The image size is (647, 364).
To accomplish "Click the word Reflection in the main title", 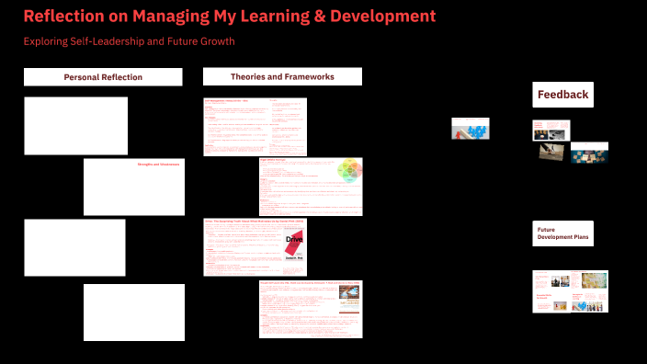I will [x=65, y=17].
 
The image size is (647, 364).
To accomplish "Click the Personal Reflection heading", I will [x=103, y=77].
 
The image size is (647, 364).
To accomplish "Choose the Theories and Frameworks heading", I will [x=282, y=76].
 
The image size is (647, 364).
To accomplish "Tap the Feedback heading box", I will [x=562, y=94].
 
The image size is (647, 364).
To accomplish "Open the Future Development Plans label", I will [x=562, y=233].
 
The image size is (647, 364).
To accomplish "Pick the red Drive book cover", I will [x=294, y=245].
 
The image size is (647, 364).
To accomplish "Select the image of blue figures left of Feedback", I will [x=469, y=129].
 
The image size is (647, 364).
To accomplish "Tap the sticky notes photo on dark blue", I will [x=589, y=153].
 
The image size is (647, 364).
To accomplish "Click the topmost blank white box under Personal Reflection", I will [x=75, y=125].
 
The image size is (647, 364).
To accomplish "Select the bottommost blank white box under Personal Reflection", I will [x=133, y=312].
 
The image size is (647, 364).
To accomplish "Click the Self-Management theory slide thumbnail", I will [x=255, y=126].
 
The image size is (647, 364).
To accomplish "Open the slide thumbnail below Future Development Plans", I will [x=569, y=290].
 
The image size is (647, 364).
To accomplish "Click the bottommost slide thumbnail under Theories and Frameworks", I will [x=310, y=309].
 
